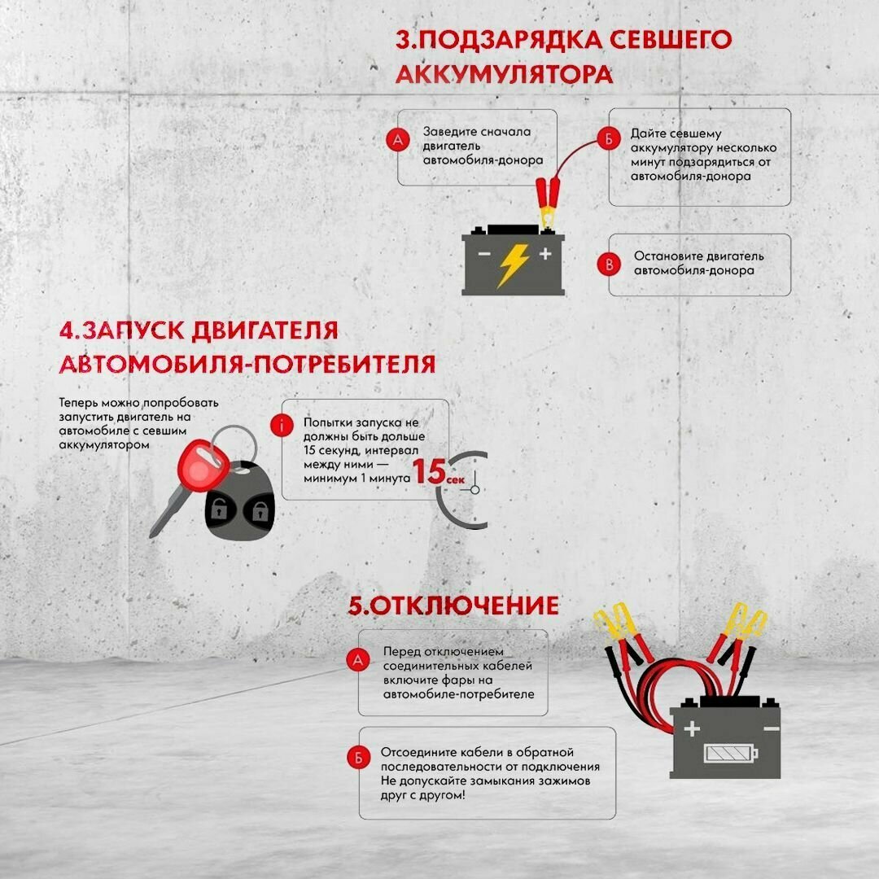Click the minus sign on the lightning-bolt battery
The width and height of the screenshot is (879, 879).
click(x=483, y=254)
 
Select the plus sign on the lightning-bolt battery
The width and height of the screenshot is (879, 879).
click(x=544, y=254)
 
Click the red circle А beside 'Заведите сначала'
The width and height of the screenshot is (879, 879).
click(x=396, y=140)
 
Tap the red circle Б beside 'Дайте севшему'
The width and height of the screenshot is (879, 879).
click(x=607, y=139)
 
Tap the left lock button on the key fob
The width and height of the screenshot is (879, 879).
click(x=220, y=510)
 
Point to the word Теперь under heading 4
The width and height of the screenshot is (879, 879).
click(x=78, y=403)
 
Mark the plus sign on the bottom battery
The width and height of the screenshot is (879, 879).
click(x=692, y=728)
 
